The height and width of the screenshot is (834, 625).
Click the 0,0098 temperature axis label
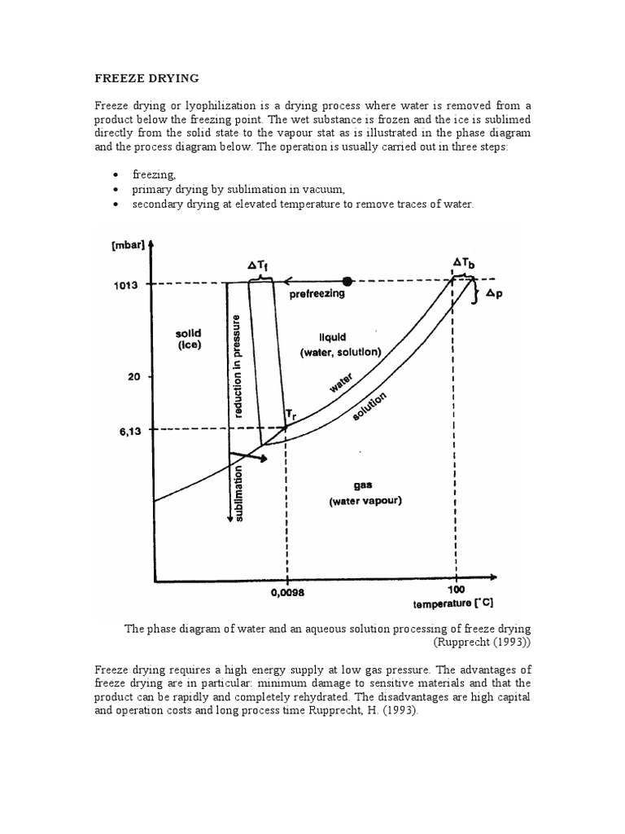[286, 593]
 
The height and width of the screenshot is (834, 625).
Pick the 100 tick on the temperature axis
[456, 588]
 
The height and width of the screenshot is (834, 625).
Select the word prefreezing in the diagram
[317, 294]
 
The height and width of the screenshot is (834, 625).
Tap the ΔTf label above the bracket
[259, 265]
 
